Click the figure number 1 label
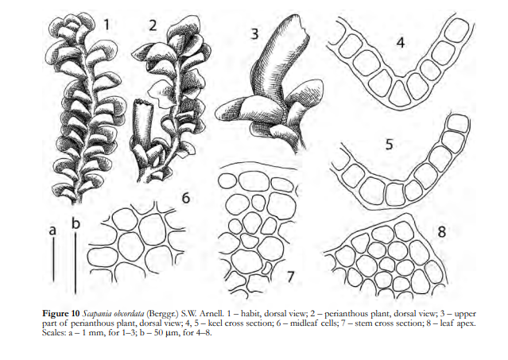pos(106,25)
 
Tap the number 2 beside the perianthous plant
pos(153,25)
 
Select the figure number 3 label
pos(255,33)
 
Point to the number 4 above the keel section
pos(401,42)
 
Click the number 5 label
pos(389,144)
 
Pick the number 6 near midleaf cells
pos(186,198)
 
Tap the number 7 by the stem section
pos(290,277)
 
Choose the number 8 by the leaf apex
pos(441,232)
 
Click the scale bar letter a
pos(52,230)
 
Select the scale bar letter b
pos(76,223)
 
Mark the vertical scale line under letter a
pos(53,260)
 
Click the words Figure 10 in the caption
pos(61,314)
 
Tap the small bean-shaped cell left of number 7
pos(267,268)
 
